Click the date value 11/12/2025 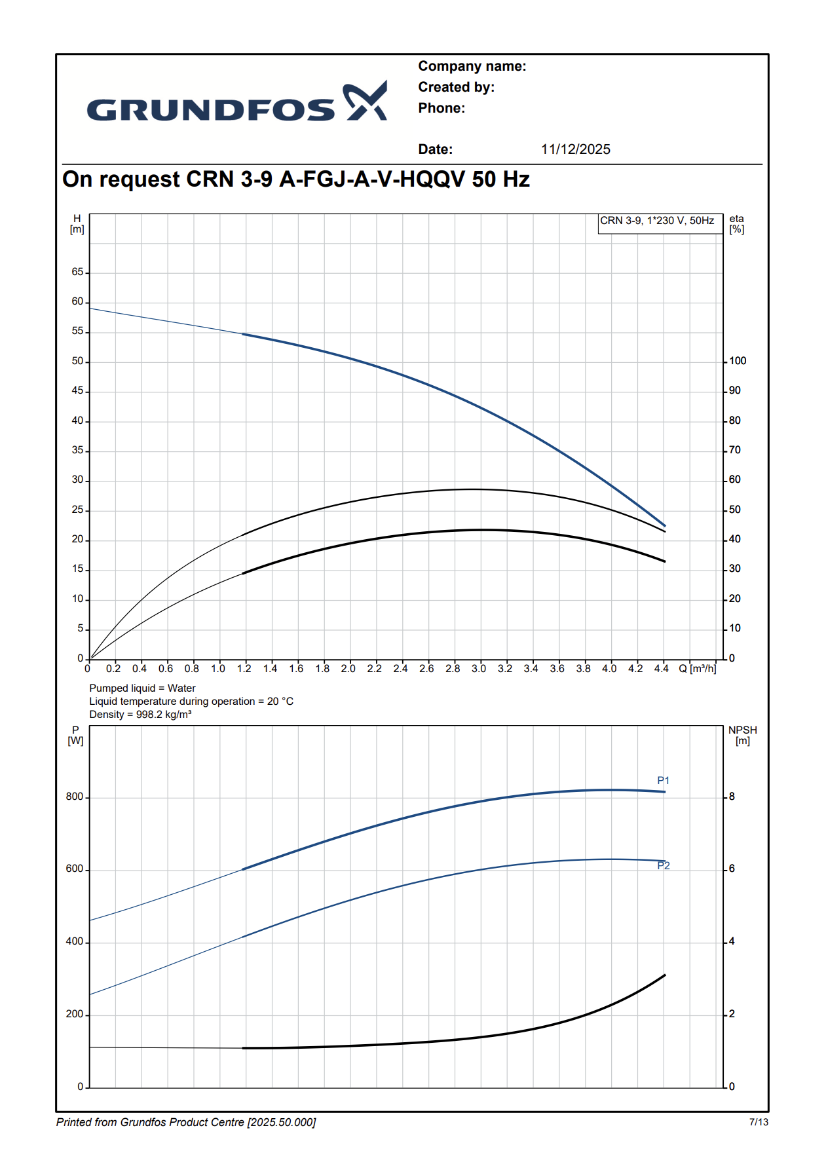575,149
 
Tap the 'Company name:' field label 472,66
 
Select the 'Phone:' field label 441,108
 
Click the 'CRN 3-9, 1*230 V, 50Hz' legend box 657,221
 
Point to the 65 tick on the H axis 78,272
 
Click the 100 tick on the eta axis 738,361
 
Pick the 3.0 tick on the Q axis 479,669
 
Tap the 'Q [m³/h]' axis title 697,669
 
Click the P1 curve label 663,781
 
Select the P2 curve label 664,866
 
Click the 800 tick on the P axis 75,797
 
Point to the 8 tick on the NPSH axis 732,797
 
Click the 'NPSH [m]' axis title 742,736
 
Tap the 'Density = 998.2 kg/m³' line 140,715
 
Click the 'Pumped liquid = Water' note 142,688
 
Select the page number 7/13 759,1122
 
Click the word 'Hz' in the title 516,179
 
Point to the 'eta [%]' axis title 737,224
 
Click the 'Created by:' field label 456,87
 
